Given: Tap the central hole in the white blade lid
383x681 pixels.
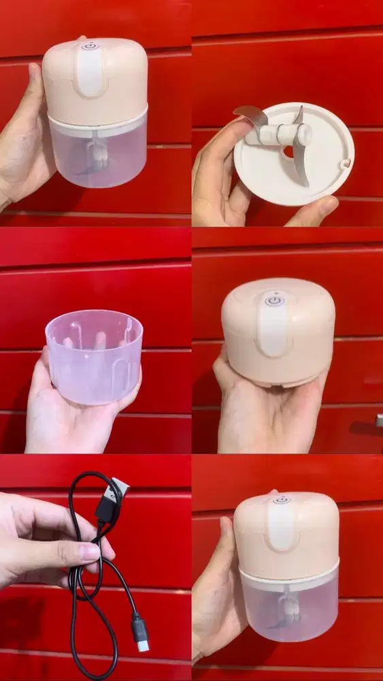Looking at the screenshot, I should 289,151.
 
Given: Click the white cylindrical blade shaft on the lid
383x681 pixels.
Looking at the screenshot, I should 280,135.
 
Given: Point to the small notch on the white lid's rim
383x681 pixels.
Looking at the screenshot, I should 345,163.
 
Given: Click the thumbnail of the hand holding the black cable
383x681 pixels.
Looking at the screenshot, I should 88,550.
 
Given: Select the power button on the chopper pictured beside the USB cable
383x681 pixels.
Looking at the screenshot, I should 282,501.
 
